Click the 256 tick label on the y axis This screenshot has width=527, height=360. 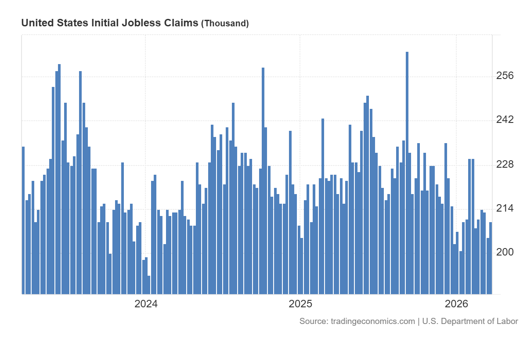pyautogui.click(x=505, y=76)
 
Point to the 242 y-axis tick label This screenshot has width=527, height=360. pyautogui.click(x=505, y=120)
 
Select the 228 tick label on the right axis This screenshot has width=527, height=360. pyautogui.click(x=505, y=164)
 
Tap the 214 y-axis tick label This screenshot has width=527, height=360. pyautogui.click(x=505, y=208)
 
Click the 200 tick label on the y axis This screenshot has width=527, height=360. pyautogui.click(x=505, y=252)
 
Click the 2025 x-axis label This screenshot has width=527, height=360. pyautogui.click(x=300, y=304)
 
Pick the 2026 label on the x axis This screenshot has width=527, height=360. pyautogui.click(x=456, y=304)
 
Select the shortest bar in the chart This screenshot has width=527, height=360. pyautogui.click(x=149, y=285)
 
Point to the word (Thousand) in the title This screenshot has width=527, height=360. pyautogui.click(x=225, y=24)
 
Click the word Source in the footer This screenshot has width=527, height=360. pyautogui.click(x=313, y=321)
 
